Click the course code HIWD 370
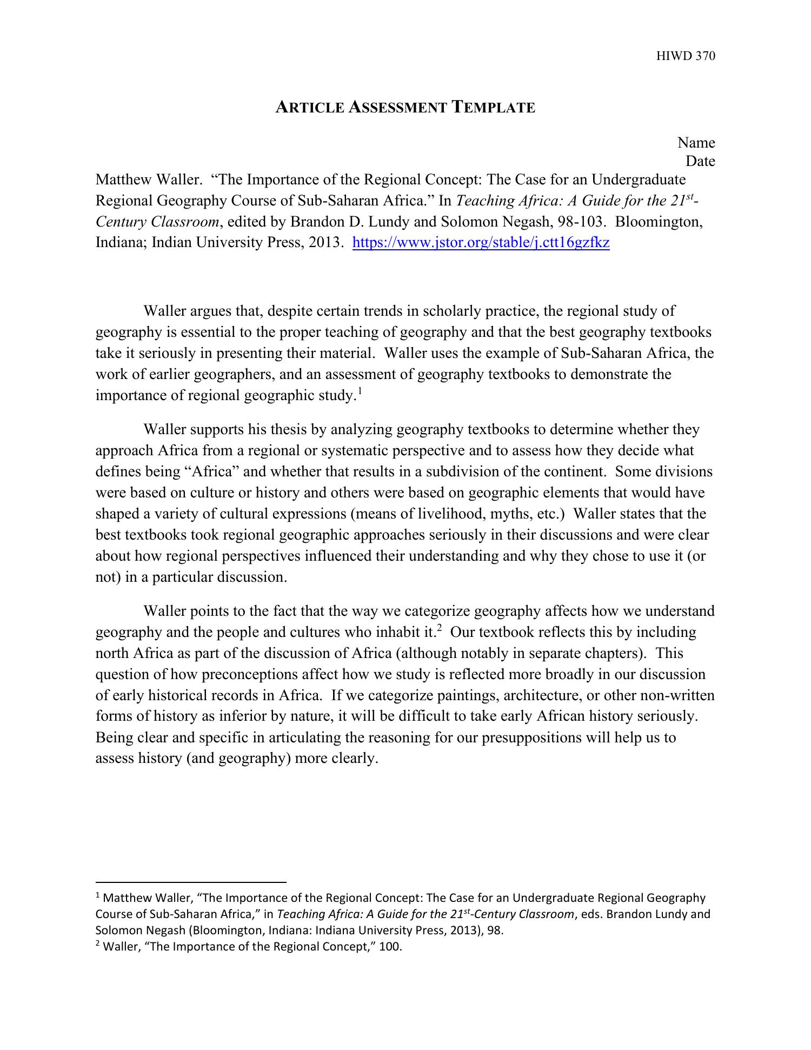pos(686,56)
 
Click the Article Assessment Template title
pos(405,107)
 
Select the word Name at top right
pos(696,143)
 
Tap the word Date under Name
pos(700,161)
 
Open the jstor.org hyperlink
pos(481,243)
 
